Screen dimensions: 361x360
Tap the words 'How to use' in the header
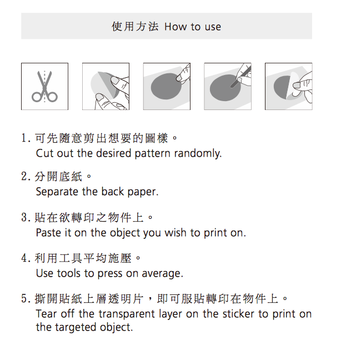click(193, 27)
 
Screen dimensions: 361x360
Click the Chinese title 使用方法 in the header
click(135, 26)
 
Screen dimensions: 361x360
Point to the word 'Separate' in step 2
click(57, 192)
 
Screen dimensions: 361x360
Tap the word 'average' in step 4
click(162, 273)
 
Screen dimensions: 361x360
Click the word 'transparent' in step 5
click(127, 314)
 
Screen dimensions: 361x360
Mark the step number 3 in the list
click(24, 217)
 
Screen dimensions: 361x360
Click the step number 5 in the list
click(24, 299)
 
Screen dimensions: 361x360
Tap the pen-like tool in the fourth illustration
click(240, 76)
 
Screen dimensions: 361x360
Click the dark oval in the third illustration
click(166, 86)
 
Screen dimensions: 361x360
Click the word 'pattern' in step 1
click(152, 154)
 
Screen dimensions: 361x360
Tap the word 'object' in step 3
click(125, 233)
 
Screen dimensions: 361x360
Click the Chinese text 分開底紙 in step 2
click(58, 177)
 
